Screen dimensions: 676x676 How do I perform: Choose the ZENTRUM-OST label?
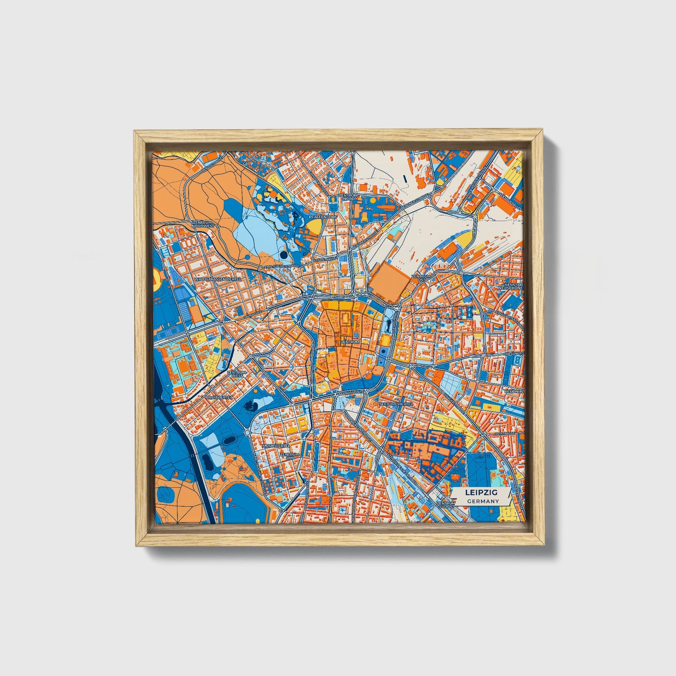tap(421, 278)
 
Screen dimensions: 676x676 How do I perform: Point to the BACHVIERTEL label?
tap(219, 397)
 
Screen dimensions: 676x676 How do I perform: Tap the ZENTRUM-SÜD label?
tap(289, 455)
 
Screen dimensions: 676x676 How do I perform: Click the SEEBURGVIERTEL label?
tap(396, 403)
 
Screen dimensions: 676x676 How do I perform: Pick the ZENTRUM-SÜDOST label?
tap(446, 505)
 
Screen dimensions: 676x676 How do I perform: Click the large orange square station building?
tap(386, 285)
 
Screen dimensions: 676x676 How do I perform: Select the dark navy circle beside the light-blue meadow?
tap(284, 255)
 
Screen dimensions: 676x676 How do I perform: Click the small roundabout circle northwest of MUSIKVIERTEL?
tap(247, 433)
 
